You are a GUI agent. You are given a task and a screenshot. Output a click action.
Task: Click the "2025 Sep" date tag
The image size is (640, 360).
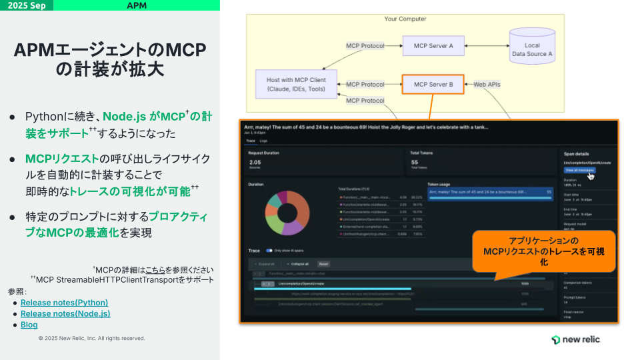(x=27, y=5)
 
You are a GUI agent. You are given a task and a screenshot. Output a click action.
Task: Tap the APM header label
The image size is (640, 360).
(x=137, y=5)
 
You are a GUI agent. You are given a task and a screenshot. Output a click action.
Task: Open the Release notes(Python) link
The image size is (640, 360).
(x=64, y=303)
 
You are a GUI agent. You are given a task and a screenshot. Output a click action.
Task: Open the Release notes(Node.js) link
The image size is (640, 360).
(x=65, y=313)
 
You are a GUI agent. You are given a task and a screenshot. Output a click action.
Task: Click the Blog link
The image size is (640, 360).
(x=29, y=325)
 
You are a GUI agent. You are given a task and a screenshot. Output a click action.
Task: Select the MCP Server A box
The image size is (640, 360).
(x=433, y=46)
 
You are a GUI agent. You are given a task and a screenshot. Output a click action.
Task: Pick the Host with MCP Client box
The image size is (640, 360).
(x=296, y=84)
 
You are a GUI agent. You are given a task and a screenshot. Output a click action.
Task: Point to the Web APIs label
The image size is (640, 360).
(x=487, y=85)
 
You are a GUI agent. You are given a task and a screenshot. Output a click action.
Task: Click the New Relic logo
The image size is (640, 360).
(x=576, y=339)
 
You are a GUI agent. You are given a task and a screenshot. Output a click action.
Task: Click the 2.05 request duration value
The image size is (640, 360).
(x=255, y=161)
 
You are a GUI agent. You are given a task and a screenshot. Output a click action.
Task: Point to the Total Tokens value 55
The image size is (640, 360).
(x=414, y=161)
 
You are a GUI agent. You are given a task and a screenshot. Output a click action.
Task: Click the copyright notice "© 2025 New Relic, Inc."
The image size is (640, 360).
(x=91, y=339)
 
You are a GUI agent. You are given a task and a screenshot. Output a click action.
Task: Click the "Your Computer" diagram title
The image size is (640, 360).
(x=405, y=19)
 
